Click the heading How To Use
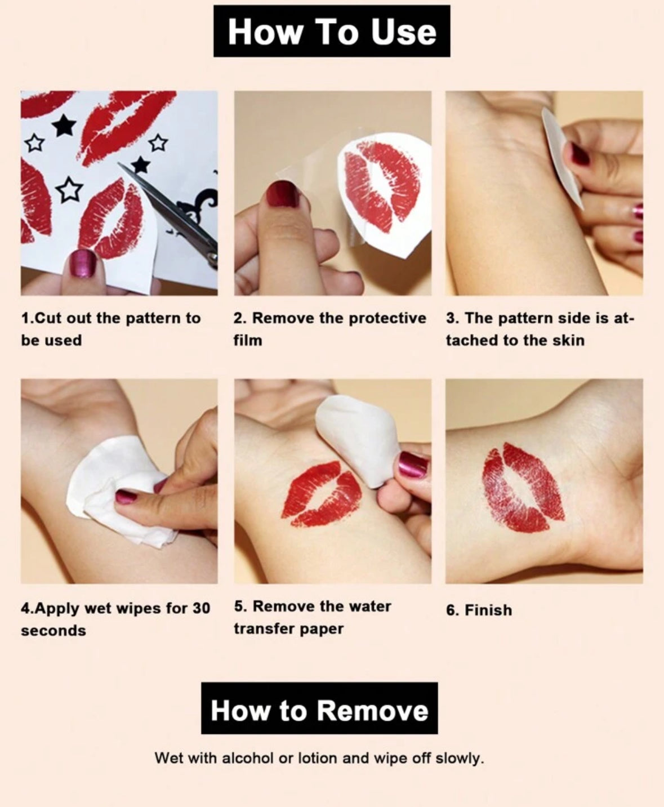point(332,32)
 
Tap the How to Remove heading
point(319,710)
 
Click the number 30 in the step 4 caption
point(201,608)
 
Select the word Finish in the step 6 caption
point(488,610)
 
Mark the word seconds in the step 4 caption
point(54,631)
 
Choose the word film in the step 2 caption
point(248,340)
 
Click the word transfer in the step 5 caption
point(264,629)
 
